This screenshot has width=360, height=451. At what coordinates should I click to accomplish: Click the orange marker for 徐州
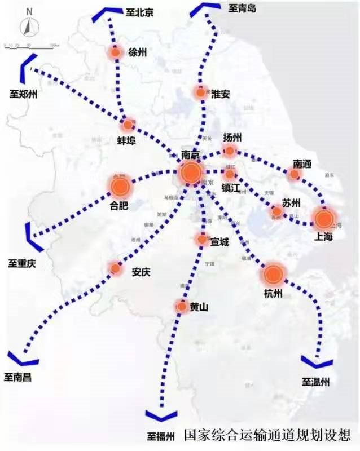(115, 52)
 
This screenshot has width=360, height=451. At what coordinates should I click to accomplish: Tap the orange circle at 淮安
(200, 92)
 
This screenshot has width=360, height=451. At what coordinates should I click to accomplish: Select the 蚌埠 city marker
(129, 125)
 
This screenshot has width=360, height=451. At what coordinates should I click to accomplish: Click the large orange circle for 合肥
(121, 186)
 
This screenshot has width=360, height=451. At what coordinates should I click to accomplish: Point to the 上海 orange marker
(323, 219)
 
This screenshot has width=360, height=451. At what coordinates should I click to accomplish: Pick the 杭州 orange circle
(274, 275)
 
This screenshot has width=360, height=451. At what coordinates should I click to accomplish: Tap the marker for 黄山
(182, 307)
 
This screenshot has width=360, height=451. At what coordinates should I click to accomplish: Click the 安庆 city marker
(116, 268)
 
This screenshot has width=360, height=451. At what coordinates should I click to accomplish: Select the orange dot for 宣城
(201, 239)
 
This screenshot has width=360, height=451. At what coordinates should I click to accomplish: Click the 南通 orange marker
(294, 175)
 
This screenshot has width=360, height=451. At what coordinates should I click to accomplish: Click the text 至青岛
(243, 8)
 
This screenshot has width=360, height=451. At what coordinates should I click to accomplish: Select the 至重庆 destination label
(23, 263)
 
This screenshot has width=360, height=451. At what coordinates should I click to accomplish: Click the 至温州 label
(315, 382)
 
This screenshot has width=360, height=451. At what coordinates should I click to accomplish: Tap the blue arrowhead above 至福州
(161, 416)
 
